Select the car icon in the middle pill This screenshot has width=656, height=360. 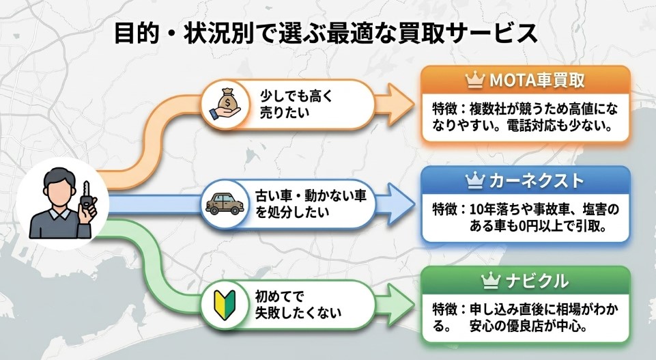coord(223,203)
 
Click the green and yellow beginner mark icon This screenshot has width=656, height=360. coord(223,305)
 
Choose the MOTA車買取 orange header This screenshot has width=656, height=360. coord(524,81)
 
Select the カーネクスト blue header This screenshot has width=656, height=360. coord(524,181)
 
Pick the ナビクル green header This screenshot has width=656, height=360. coord(524,281)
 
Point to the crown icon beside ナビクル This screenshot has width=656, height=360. coord(491,281)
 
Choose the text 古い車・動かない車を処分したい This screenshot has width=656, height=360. coord(311,203)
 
